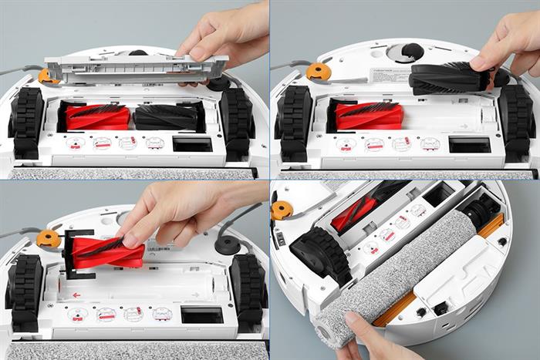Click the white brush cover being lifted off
pyautogui.click(x=135, y=69)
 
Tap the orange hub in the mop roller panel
pyautogui.click(x=282, y=209)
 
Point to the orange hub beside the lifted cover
pyautogui.click(x=48, y=76)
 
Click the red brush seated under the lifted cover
pyautogui.click(x=97, y=117)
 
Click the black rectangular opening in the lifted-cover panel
pyautogui.click(x=191, y=144)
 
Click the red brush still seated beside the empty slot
pyautogui.click(x=369, y=115)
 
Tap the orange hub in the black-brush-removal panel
pyautogui.click(x=317, y=72)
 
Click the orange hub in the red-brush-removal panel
pyautogui.click(x=49, y=238)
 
